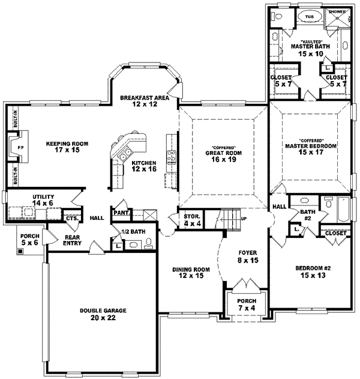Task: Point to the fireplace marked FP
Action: (x=19, y=147)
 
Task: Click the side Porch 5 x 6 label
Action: (x=29, y=240)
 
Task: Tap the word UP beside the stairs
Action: (x=243, y=219)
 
